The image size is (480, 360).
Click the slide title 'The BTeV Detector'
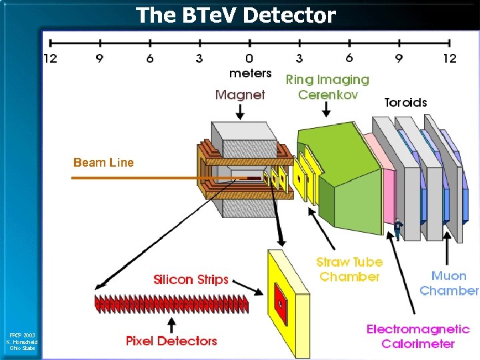[x=236, y=15]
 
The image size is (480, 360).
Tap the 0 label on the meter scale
[x=249, y=59]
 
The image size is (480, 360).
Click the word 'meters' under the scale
[x=250, y=73]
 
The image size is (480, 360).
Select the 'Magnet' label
[x=240, y=95]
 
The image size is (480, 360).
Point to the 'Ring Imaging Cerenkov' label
[x=327, y=87]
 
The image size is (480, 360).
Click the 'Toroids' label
[x=405, y=102]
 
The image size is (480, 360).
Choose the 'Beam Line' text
[x=103, y=162]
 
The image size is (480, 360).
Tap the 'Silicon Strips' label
[x=191, y=279]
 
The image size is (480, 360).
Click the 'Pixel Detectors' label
[x=171, y=341]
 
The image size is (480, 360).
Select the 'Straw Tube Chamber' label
[x=349, y=269]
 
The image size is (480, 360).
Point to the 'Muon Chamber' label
[x=449, y=283]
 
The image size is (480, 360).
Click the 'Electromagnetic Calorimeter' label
[x=418, y=337]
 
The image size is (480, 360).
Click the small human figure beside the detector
[x=398, y=228]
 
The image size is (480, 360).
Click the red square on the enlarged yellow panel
[x=281, y=304]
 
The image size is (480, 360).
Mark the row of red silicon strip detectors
[x=171, y=305]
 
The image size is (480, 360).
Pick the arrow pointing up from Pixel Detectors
[x=171, y=325]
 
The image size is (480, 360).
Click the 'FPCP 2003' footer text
[x=22, y=335]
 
